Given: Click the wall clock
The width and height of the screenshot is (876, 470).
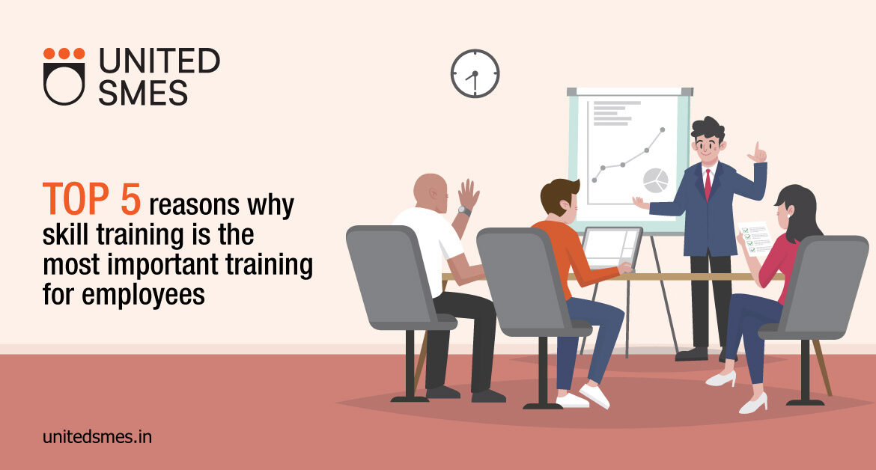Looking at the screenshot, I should coord(475,73).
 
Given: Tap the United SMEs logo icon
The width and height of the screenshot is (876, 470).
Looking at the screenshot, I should coord(64,76).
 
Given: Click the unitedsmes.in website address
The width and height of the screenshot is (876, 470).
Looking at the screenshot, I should coord(97,436).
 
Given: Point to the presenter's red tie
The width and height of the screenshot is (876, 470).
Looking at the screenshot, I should coord(708,183).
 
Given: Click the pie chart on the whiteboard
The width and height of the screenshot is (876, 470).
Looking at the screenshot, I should coord(655,180).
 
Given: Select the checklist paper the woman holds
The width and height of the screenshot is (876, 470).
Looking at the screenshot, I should coord(755,239).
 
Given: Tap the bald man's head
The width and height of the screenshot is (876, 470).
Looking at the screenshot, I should coord(431,192).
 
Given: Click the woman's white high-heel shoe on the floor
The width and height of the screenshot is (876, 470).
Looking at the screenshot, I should coord(752,403).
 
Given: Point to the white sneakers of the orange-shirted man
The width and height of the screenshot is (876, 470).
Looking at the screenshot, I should coord(584,397).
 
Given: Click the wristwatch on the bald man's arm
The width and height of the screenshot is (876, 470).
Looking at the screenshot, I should coord(464,211).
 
